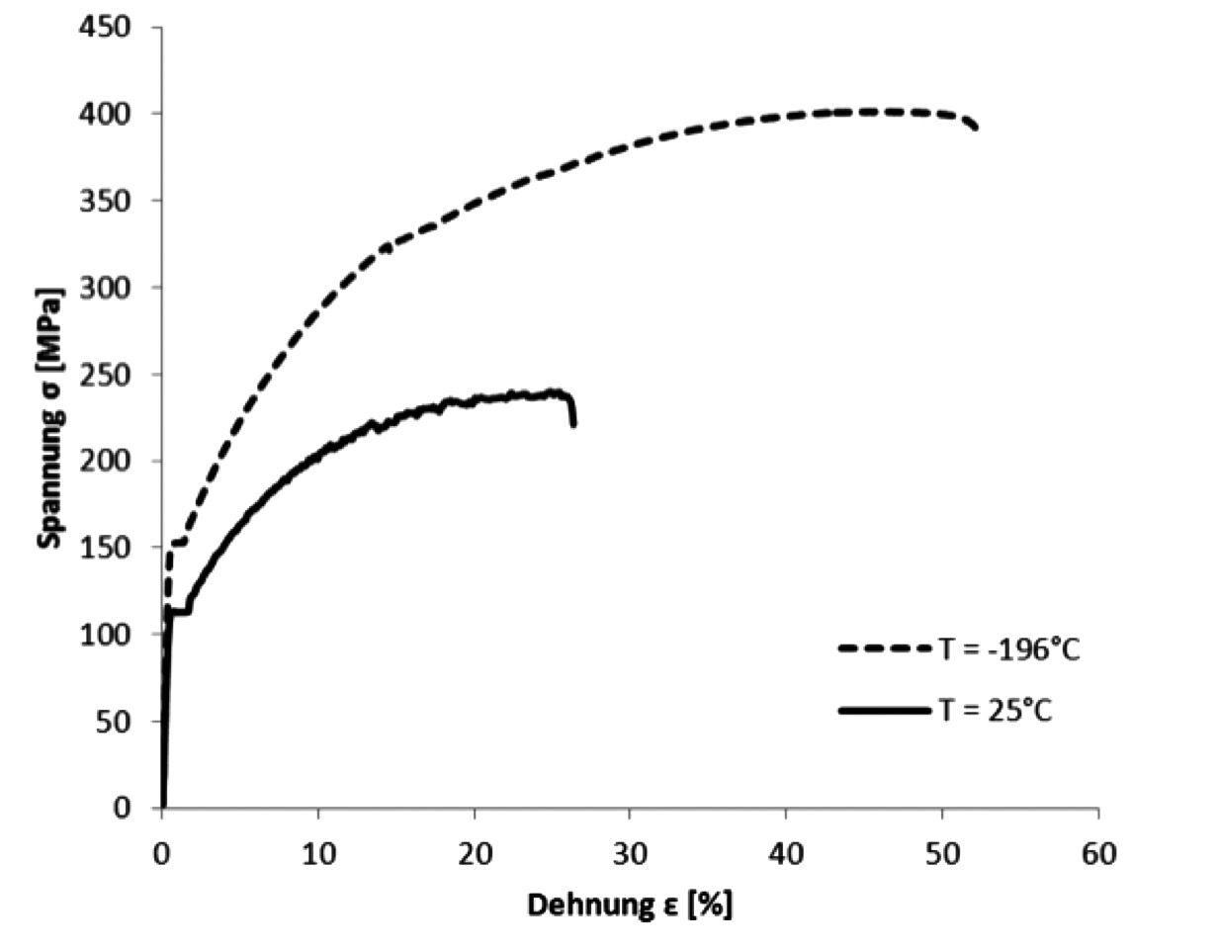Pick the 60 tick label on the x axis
click(x=1097, y=853)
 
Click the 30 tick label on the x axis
click(x=629, y=853)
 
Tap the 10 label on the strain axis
click(x=317, y=853)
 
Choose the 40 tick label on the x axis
click(x=785, y=853)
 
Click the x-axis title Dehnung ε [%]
click(x=630, y=905)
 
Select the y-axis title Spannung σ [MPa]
click(x=50, y=417)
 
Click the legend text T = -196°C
click(x=1008, y=649)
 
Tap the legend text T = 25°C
click(x=995, y=710)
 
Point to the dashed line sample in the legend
click(x=884, y=649)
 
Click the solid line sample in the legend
click(x=884, y=710)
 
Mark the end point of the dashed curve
click(x=976, y=128)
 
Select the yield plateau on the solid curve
click(x=179, y=612)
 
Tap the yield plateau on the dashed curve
click(x=178, y=542)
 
